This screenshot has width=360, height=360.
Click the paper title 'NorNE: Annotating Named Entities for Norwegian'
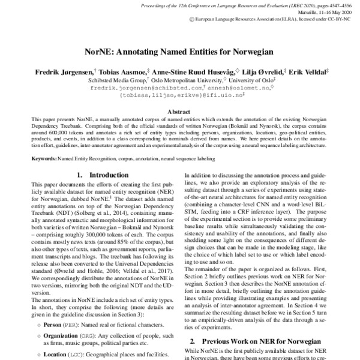[180, 52]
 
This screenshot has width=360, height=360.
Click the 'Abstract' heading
[180, 112]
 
